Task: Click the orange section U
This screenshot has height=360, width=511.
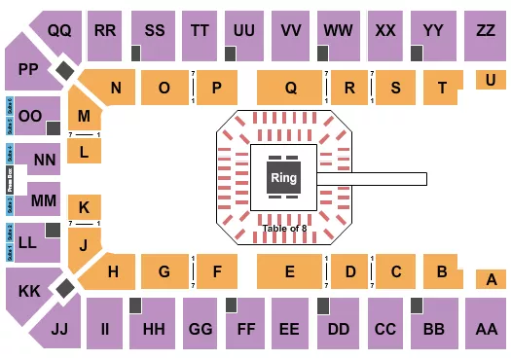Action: click(488, 81)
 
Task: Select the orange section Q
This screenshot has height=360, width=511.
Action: click(290, 88)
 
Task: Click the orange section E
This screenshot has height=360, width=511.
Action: click(290, 272)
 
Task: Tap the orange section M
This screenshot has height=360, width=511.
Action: click(85, 116)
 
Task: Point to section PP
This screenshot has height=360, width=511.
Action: click(27, 69)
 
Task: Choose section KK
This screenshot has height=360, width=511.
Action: click(29, 290)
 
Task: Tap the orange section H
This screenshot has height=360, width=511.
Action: click(113, 272)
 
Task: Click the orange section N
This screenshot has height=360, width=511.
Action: click(115, 88)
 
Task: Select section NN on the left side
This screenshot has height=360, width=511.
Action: click(44, 159)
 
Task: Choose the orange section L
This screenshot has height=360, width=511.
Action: click(85, 151)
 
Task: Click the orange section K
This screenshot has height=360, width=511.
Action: click(85, 207)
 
